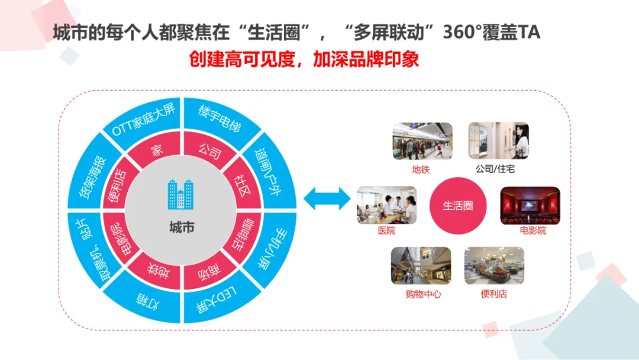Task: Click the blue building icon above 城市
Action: pyautogui.click(x=180, y=194)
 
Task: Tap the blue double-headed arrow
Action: pyautogui.click(x=327, y=198)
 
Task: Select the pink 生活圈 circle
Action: pyautogui.click(x=457, y=205)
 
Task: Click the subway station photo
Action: pyautogui.click(x=422, y=141)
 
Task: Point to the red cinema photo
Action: pyautogui.click(x=530, y=205)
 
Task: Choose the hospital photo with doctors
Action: pyautogui.click(x=387, y=205)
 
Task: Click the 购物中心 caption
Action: pyautogui.click(x=423, y=294)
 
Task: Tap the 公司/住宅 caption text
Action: pyautogui.click(x=495, y=169)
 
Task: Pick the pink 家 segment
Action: pyautogui.click(x=156, y=149)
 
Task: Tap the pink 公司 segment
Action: pyautogui.click(x=209, y=149)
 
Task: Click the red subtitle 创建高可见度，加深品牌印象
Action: pyautogui.click(x=304, y=59)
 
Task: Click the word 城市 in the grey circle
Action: pyautogui.click(x=182, y=227)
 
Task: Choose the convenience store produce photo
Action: pyautogui.click(x=494, y=265)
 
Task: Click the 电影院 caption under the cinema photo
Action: pyautogui.click(x=532, y=230)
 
